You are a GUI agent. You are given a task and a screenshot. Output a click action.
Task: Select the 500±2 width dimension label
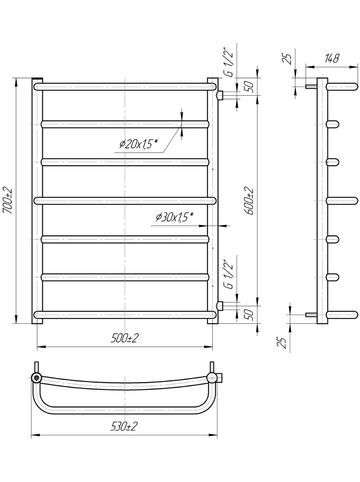tap(124, 338)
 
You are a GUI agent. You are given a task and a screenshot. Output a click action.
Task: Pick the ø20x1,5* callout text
tap(139, 144)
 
